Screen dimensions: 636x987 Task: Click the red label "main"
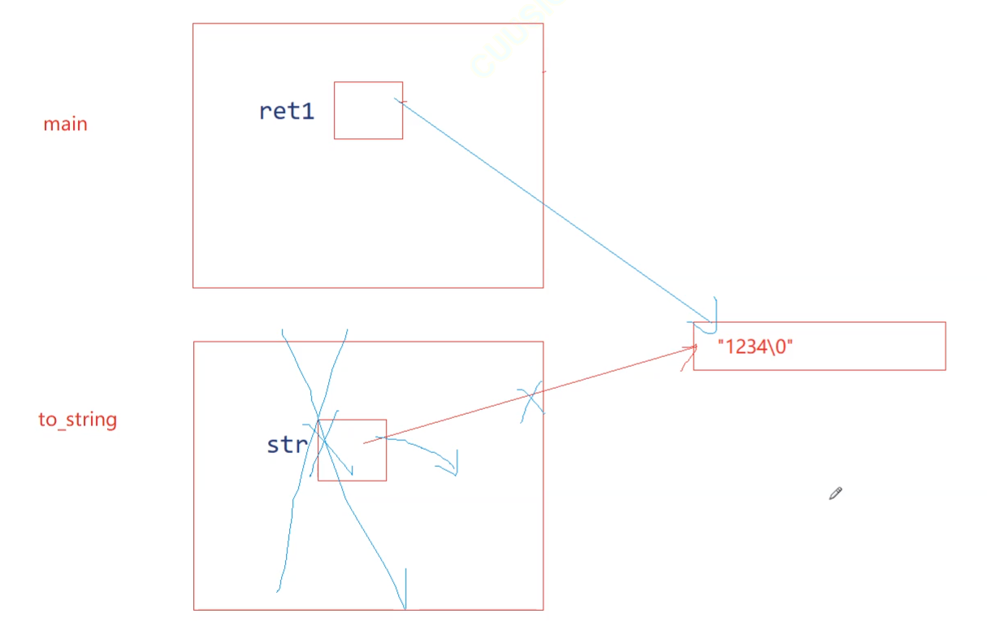[x=65, y=124]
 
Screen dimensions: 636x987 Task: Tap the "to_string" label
[x=78, y=420]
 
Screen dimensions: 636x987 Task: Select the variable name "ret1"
[x=286, y=111]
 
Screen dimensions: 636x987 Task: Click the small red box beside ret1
[x=368, y=111]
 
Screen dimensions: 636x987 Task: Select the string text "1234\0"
[x=755, y=346]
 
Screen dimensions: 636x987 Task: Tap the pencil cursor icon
[x=835, y=493]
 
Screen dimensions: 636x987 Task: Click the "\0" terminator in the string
[x=778, y=346]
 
